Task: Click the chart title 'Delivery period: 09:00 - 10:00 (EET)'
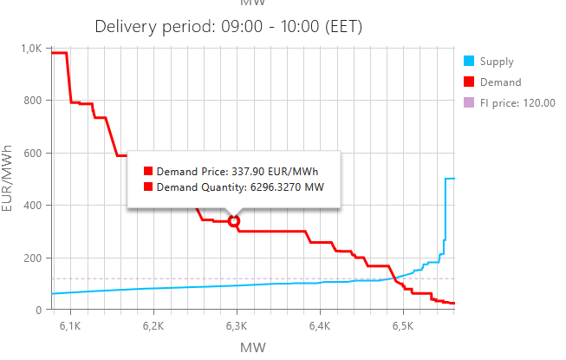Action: [228, 27]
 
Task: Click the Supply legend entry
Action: [496, 62]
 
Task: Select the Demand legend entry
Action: [499, 82]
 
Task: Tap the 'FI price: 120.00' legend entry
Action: [517, 103]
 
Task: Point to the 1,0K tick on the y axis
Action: [30, 49]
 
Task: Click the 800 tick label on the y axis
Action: [33, 101]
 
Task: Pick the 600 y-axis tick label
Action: [33, 154]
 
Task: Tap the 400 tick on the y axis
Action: [33, 206]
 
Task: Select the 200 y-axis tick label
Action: [33, 258]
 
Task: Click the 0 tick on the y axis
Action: [39, 310]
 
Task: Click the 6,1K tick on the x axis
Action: [69, 326]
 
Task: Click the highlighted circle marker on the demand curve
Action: [234, 221]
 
